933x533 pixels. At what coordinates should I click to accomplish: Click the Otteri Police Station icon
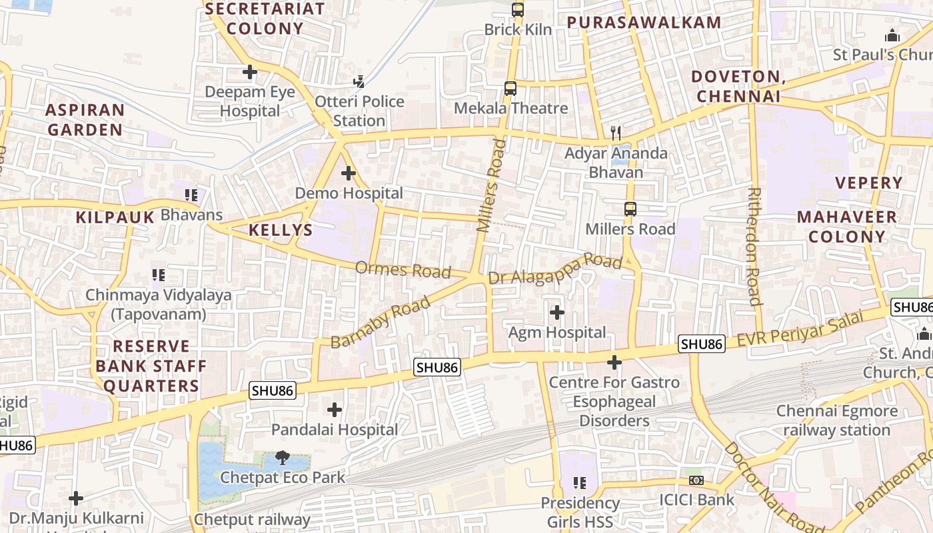pyautogui.click(x=359, y=81)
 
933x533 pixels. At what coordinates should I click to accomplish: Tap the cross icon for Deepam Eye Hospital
pyautogui.click(x=250, y=72)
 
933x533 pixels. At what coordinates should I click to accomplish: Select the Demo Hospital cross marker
pyautogui.click(x=348, y=173)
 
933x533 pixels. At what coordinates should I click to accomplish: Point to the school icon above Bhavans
pyautogui.click(x=191, y=195)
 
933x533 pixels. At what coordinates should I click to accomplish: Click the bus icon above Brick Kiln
pyautogui.click(x=518, y=10)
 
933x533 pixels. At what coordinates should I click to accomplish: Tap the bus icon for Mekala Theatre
pyautogui.click(x=510, y=88)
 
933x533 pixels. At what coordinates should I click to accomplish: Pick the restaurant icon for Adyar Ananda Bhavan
pyautogui.click(x=616, y=133)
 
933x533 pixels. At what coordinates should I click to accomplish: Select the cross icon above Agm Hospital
pyautogui.click(x=556, y=312)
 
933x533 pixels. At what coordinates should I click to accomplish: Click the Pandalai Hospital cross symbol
pyautogui.click(x=335, y=409)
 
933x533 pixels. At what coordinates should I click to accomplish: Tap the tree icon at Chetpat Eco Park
pyautogui.click(x=283, y=457)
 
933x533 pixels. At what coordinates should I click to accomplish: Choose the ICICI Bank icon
pyautogui.click(x=696, y=480)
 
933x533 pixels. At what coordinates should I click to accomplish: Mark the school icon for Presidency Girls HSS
pyautogui.click(x=580, y=482)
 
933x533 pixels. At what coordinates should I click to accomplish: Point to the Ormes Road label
pyautogui.click(x=403, y=270)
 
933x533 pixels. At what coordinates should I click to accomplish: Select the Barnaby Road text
pyautogui.click(x=381, y=322)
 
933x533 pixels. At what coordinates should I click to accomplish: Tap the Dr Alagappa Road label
pyautogui.click(x=555, y=268)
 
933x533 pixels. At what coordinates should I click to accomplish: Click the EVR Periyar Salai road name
pyautogui.click(x=800, y=330)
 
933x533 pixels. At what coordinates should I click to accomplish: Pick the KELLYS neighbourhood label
pyautogui.click(x=281, y=231)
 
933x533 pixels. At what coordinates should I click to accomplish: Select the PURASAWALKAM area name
pyautogui.click(x=644, y=22)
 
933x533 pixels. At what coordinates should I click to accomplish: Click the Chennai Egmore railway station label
pyautogui.click(x=836, y=420)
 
